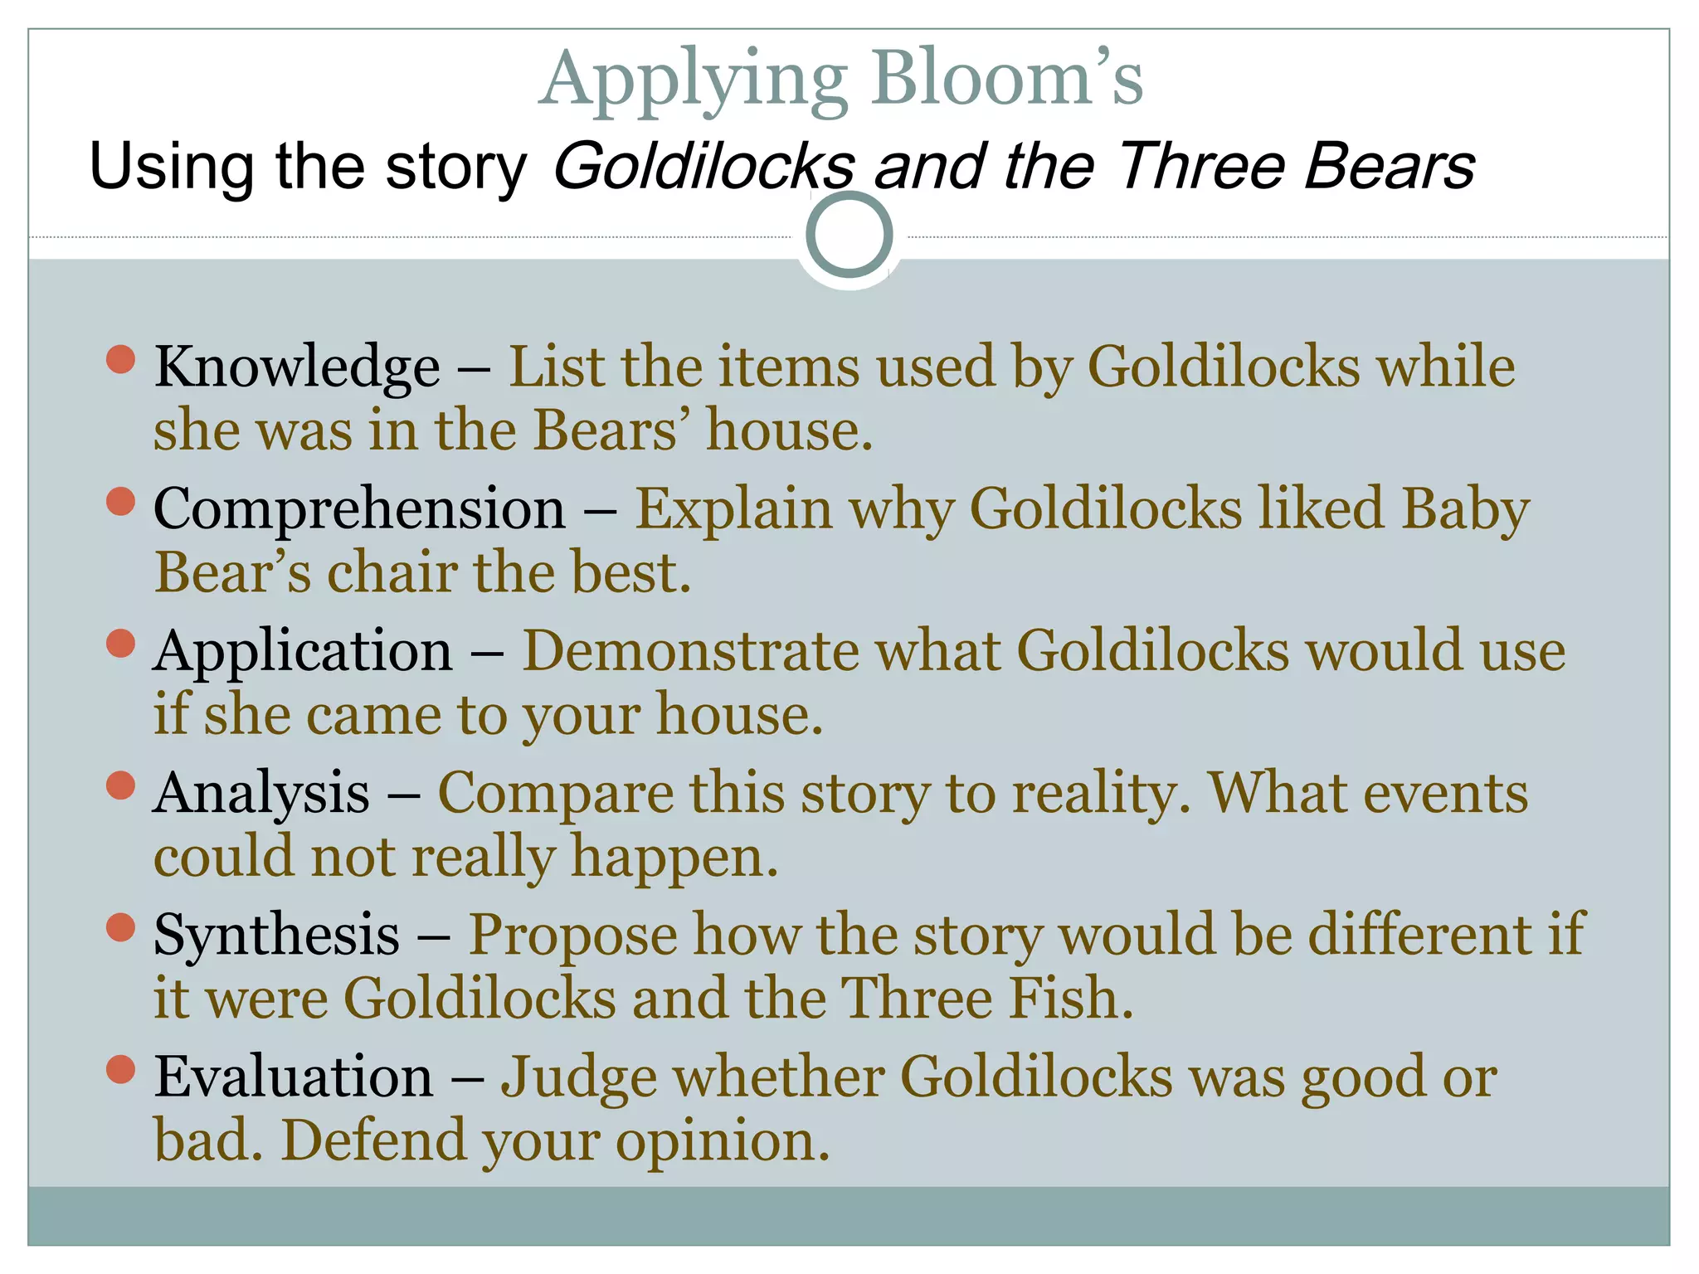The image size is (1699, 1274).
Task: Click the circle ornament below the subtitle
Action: coord(849,235)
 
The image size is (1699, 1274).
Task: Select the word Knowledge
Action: coord(297,367)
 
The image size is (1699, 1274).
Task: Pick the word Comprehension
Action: coord(359,508)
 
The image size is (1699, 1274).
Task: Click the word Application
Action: coord(303,651)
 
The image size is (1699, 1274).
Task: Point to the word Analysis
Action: coord(261,793)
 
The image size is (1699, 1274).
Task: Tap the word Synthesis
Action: coord(276,935)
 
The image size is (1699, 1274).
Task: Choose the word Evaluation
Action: coord(294,1077)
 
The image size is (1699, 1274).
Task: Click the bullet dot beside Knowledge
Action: coord(121,359)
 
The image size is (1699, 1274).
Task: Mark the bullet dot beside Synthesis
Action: coord(121,927)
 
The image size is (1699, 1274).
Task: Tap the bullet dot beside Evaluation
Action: coord(121,1069)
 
